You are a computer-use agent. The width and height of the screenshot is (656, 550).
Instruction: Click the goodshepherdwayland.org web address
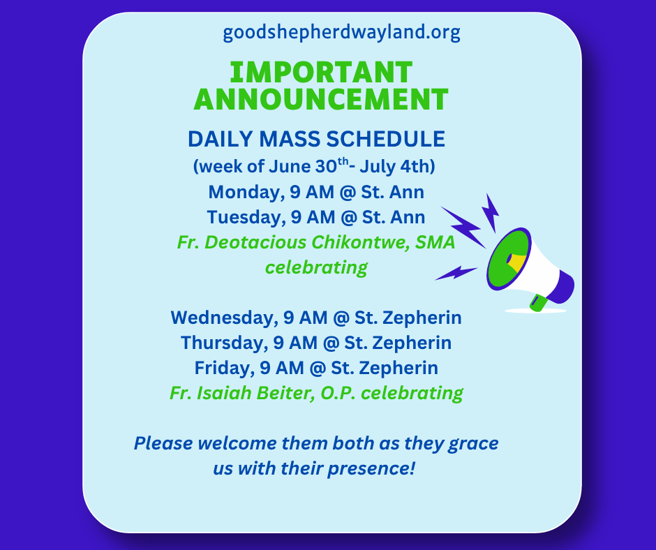(x=341, y=33)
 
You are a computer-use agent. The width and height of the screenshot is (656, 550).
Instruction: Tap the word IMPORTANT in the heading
(x=321, y=73)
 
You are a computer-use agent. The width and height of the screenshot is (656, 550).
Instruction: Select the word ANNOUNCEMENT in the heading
(x=321, y=99)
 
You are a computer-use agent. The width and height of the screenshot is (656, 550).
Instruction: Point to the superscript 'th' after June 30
(x=343, y=161)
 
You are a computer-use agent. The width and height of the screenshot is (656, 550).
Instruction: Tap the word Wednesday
(x=224, y=318)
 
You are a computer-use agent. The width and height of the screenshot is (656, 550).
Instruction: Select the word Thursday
(x=224, y=343)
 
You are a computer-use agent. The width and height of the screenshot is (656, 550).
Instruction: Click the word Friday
(x=225, y=369)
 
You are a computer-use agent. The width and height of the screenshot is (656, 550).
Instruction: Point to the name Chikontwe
(x=360, y=242)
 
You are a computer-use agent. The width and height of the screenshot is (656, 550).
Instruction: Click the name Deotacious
(x=255, y=242)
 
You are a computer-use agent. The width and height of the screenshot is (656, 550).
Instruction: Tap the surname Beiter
(x=285, y=393)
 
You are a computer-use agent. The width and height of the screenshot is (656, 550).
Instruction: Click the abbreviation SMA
(x=435, y=242)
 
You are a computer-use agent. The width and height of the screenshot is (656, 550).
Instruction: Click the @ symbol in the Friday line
(x=318, y=369)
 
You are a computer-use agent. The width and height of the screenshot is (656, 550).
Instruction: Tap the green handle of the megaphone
(x=539, y=302)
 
